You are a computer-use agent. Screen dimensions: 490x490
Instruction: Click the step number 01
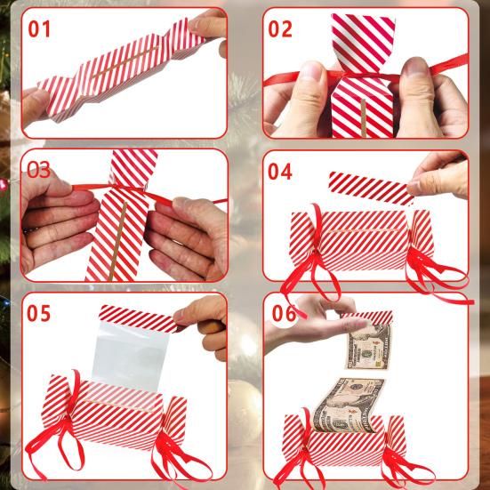[41, 28]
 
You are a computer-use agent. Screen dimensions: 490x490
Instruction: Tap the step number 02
[280, 29]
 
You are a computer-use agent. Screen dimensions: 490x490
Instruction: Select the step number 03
[39, 169]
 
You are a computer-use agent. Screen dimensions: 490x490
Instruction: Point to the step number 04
[280, 172]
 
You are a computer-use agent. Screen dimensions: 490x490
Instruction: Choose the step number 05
[39, 314]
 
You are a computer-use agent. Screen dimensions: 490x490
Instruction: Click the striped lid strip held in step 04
[368, 187]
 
